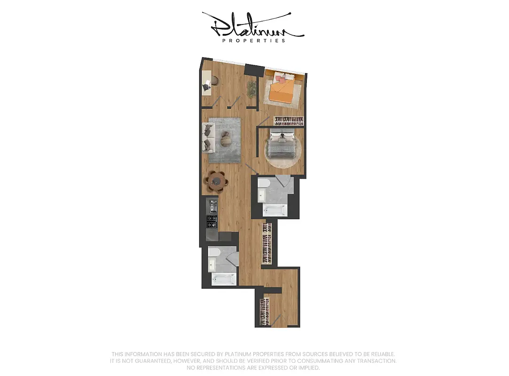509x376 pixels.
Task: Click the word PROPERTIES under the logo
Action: (x=253, y=41)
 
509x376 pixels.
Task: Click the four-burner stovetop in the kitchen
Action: (x=212, y=221)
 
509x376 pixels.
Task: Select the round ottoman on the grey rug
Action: (x=227, y=139)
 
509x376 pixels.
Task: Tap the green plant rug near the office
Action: (x=252, y=88)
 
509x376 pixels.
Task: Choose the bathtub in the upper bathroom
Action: (x=274, y=211)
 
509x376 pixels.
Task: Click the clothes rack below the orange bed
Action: (x=289, y=121)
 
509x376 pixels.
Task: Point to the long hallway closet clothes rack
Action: (x=267, y=243)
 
